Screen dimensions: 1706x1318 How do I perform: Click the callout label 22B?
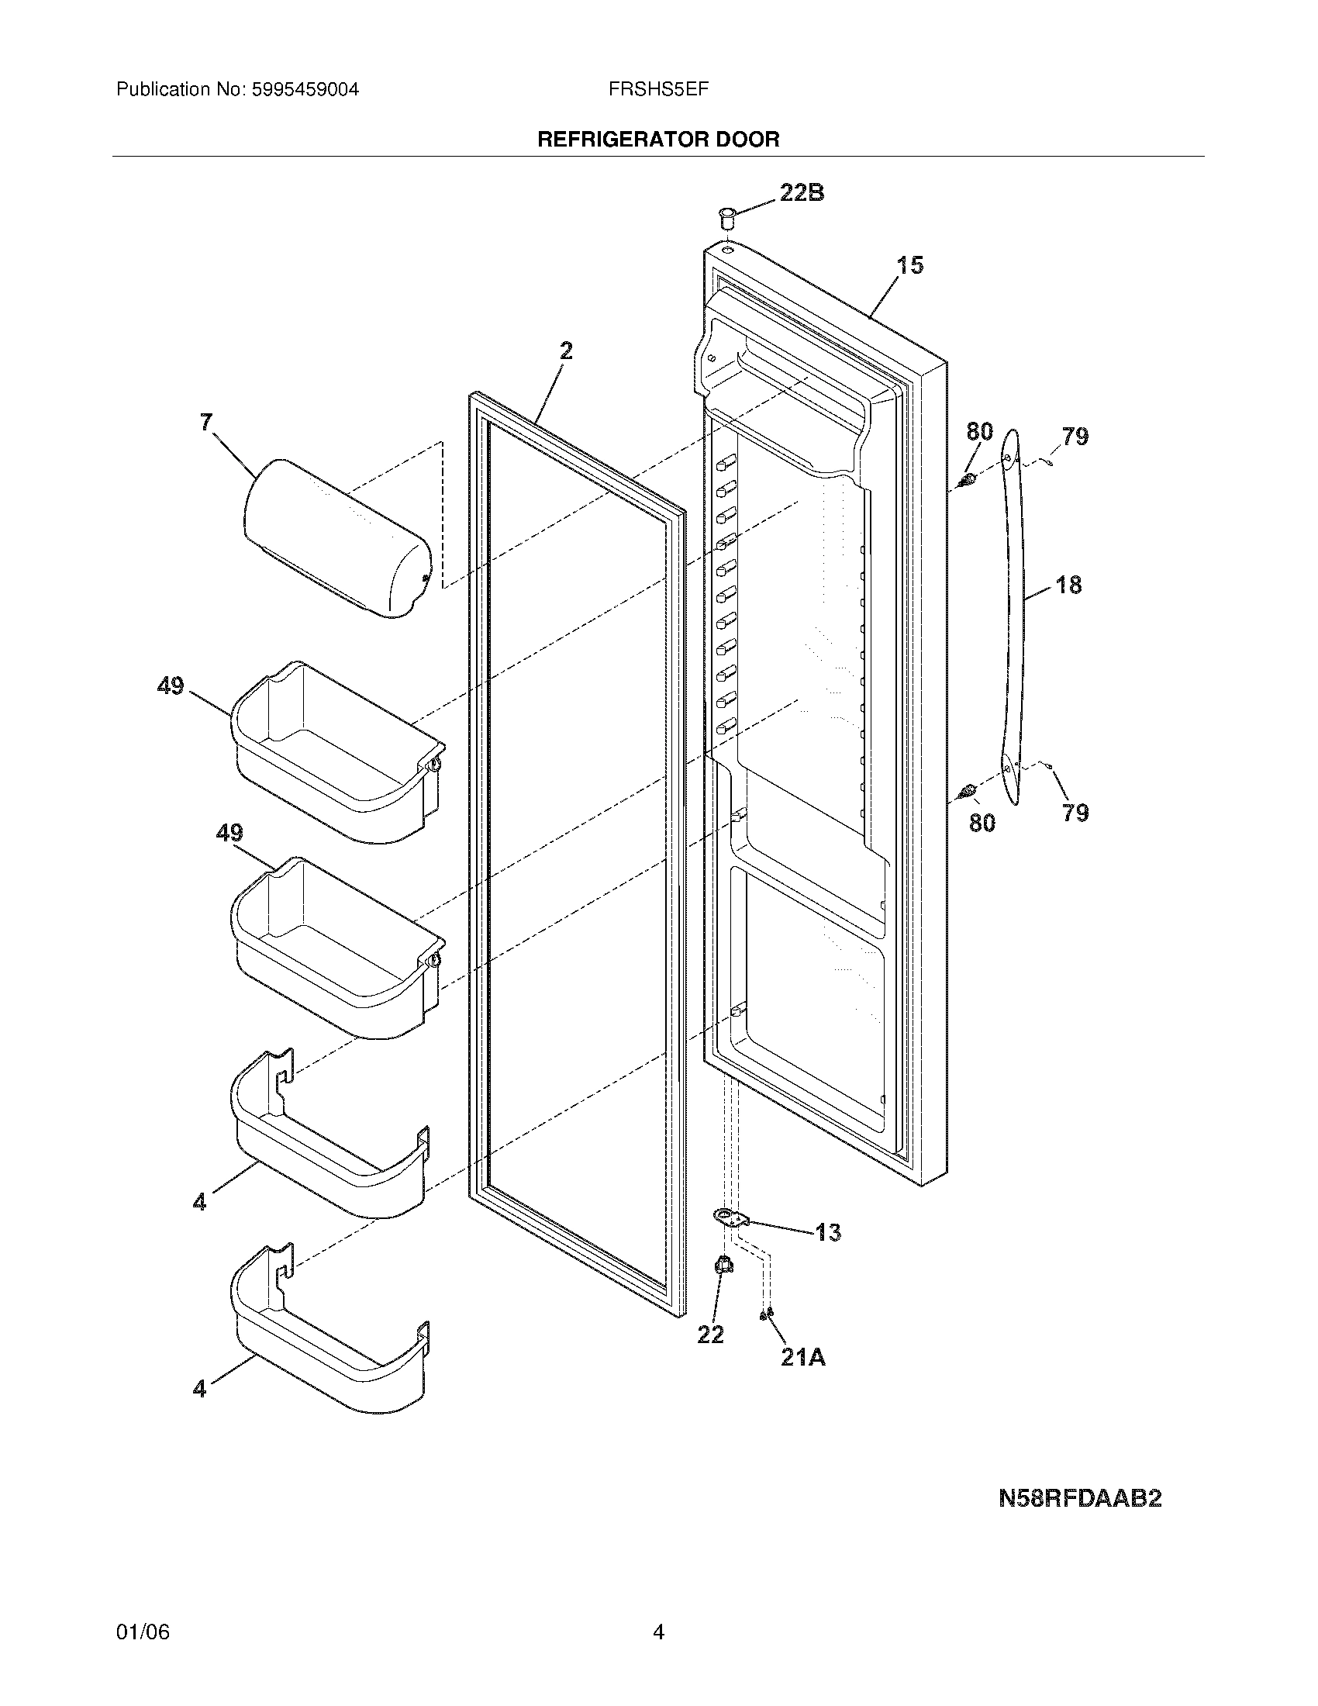click(802, 193)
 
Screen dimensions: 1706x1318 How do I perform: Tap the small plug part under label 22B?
click(728, 216)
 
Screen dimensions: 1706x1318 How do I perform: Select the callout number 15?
click(909, 265)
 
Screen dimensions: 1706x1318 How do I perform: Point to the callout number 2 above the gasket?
click(566, 351)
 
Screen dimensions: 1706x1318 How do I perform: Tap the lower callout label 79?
click(1075, 813)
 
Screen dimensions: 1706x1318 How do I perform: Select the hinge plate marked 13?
click(731, 1216)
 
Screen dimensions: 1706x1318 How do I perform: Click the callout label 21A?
click(802, 1359)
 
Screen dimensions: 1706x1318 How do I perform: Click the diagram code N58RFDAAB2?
click(1080, 1499)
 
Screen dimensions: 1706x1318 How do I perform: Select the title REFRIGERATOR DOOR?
click(658, 140)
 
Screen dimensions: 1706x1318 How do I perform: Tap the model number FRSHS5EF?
click(658, 90)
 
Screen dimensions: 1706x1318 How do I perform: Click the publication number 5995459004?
click(305, 90)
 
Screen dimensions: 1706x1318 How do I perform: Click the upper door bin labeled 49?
click(336, 754)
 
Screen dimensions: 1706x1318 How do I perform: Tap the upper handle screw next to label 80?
click(969, 478)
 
